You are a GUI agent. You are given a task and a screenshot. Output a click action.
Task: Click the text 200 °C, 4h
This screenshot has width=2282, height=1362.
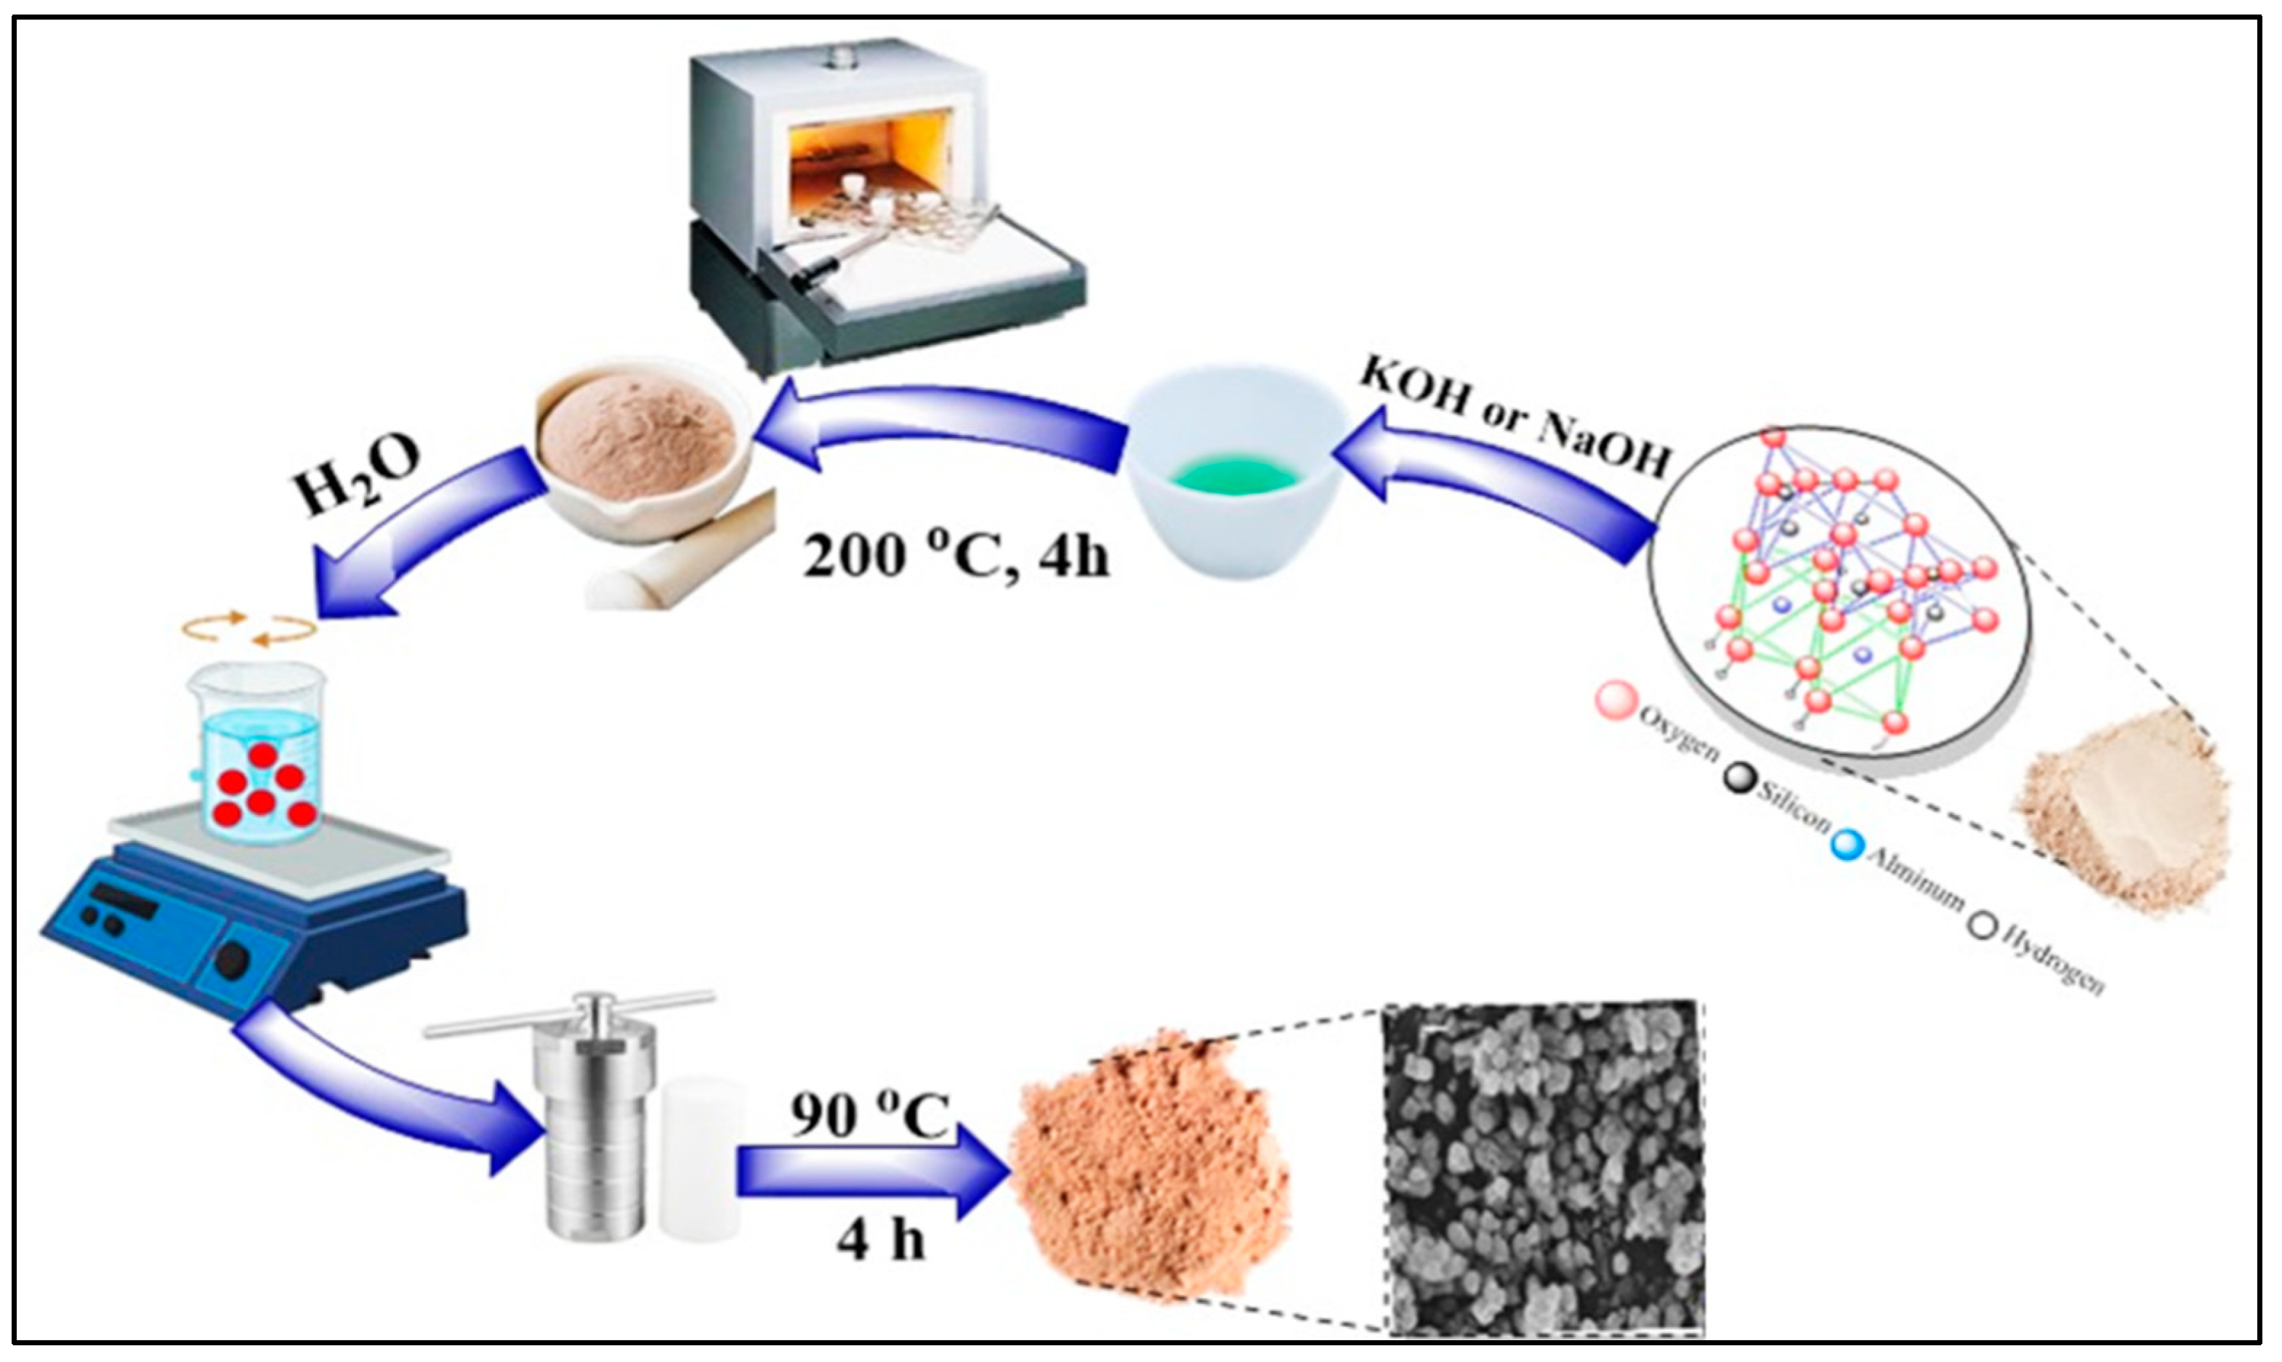coord(955,555)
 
